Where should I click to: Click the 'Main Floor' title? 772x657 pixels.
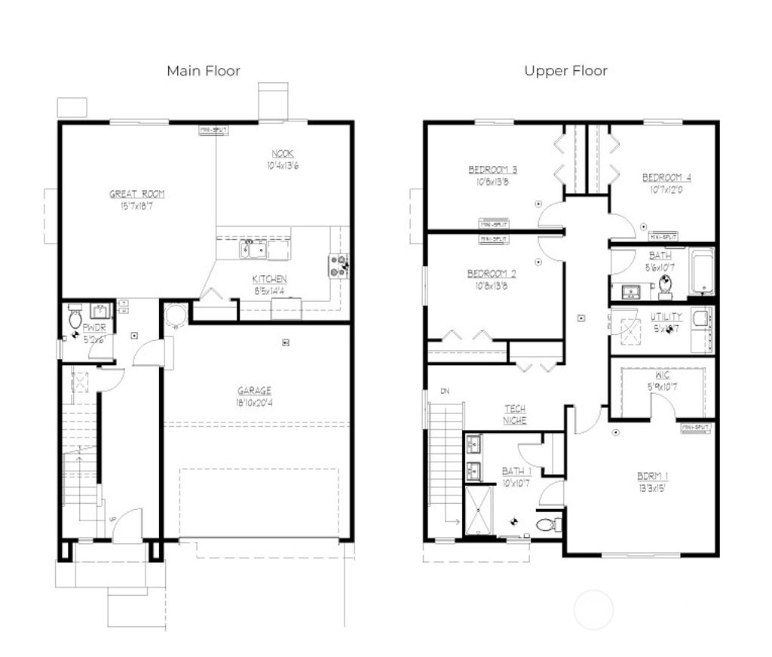click(204, 71)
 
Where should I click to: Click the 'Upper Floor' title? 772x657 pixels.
click(565, 71)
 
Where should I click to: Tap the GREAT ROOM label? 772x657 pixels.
click(136, 194)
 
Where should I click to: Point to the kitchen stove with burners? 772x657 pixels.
click(338, 266)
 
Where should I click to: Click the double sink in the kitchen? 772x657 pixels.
click(253, 249)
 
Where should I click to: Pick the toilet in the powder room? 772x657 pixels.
click(75, 319)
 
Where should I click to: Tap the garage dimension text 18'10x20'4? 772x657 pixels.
click(254, 403)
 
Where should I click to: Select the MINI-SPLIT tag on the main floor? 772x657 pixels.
click(213, 130)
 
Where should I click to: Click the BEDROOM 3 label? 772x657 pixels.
click(492, 170)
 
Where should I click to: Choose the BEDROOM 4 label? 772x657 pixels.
click(666, 178)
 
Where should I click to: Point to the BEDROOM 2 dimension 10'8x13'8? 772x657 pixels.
click(492, 285)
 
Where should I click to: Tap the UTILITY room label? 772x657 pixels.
click(666, 317)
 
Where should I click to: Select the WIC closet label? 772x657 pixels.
click(663, 375)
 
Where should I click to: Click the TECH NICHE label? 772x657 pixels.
click(515, 414)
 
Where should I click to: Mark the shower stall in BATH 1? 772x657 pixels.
click(479, 510)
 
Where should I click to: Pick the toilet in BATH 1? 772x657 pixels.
click(546, 523)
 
